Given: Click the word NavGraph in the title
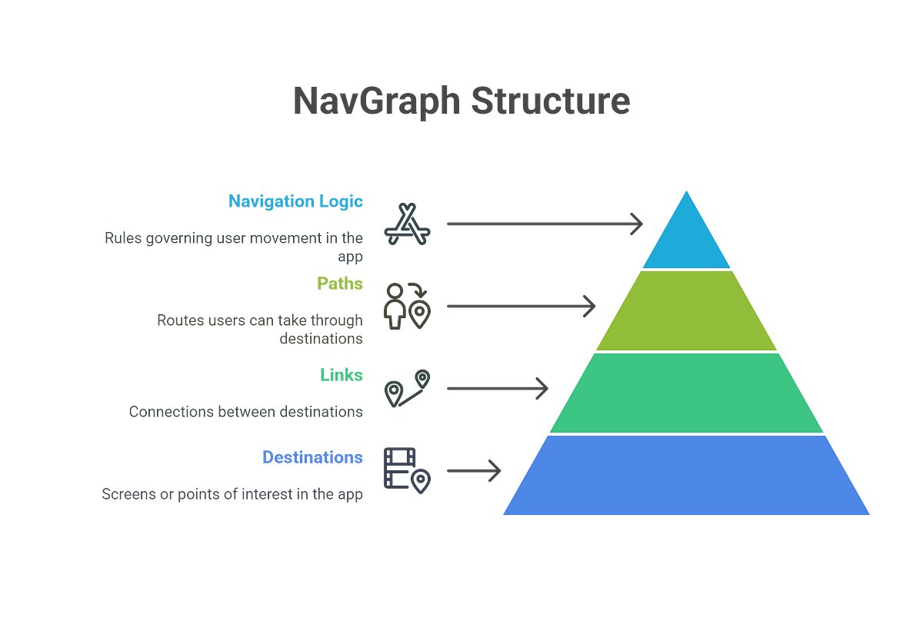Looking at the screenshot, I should (378, 102).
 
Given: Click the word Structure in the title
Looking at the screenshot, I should (551, 102).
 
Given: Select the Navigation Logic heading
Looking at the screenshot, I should (295, 201).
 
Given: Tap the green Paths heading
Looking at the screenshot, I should (339, 284).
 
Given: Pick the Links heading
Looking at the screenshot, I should (341, 375).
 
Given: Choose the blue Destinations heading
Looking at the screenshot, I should (312, 457).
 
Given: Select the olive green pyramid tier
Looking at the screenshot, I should (686, 311).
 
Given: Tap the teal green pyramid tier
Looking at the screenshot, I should (686, 393).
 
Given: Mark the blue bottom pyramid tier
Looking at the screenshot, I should (686, 476).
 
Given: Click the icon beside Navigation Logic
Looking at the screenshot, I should (408, 224).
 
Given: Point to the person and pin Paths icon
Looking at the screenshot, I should (408, 307).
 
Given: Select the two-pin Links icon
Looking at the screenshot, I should (408, 389).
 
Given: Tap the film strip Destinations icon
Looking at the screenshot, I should (408, 470).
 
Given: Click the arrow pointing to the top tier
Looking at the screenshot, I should (544, 224).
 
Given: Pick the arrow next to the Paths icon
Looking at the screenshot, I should (521, 307).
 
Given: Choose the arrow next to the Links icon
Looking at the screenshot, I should (497, 389).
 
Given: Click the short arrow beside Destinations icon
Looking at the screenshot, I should (474, 470).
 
